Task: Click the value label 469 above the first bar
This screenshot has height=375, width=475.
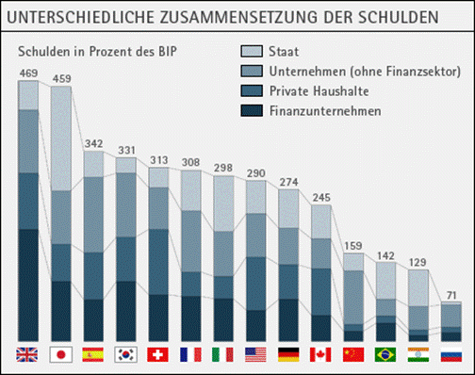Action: [x=28, y=73]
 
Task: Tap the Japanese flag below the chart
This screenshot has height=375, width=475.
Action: [x=61, y=354]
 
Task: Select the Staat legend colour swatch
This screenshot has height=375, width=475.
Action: [x=252, y=51]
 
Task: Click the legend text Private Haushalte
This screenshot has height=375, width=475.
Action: [x=319, y=91]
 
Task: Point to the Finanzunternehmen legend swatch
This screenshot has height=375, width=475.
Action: [x=252, y=110]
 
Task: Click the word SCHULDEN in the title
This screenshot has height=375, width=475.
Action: [x=399, y=17]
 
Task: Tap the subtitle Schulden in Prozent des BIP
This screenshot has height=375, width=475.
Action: [x=97, y=52]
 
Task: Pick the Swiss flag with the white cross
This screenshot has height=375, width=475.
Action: [x=157, y=354]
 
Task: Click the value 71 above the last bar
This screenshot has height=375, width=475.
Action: [x=451, y=296]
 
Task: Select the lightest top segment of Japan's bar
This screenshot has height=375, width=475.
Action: [x=61, y=139]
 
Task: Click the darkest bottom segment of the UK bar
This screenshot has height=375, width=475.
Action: [x=28, y=285]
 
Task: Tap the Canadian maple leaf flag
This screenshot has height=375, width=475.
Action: [x=320, y=354]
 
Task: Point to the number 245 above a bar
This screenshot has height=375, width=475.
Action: [x=321, y=198]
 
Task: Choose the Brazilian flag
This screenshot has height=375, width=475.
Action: [x=385, y=354]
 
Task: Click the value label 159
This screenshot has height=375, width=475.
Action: [x=353, y=246]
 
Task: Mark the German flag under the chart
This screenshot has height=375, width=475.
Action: [x=288, y=354]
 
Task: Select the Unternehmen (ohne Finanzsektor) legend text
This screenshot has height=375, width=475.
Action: [x=365, y=72]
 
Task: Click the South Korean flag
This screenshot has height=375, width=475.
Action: [x=125, y=354]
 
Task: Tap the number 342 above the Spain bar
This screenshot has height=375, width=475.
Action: [x=93, y=144]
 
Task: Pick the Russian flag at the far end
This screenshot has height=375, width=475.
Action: [x=451, y=354]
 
